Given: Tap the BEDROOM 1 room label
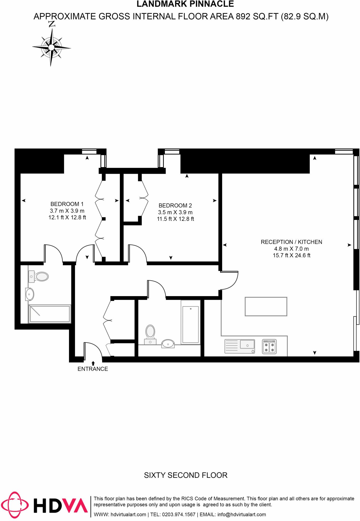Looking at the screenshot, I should pyautogui.click(x=67, y=204).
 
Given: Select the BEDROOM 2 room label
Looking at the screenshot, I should pyautogui.click(x=175, y=206).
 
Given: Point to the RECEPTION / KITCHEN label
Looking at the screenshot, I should pyautogui.click(x=291, y=242).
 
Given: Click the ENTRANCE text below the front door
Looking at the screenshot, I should pyautogui.click(x=93, y=369).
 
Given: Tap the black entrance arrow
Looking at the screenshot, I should pyautogui.click(x=93, y=363).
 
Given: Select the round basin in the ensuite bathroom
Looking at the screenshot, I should pyautogui.click(x=30, y=294).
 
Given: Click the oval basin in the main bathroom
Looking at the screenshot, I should pyautogui.click(x=168, y=344).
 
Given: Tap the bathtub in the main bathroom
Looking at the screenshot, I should pyautogui.click(x=190, y=322).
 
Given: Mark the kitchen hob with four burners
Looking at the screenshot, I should pyautogui.click(x=269, y=347).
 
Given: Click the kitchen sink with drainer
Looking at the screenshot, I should pyautogui.click(x=240, y=346).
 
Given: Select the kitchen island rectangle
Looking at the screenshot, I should pyautogui.click(x=266, y=307).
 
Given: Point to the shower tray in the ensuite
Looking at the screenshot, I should pyautogui.click(x=50, y=314).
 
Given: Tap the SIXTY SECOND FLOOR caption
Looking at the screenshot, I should pyautogui.click(x=186, y=475).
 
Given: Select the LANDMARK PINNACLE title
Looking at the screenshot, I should pyautogui.click(x=185, y=4).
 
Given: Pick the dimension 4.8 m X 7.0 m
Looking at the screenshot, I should pyautogui.click(x=291, y=249).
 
